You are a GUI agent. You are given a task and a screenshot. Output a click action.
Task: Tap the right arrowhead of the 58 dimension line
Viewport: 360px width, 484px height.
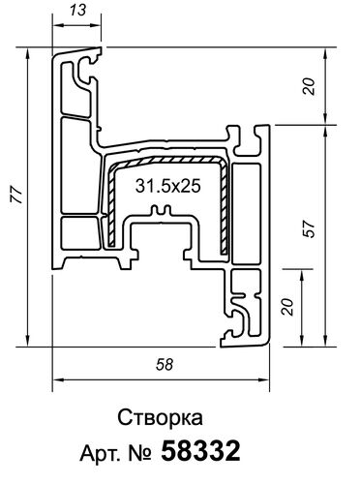(x=269, y=380)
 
